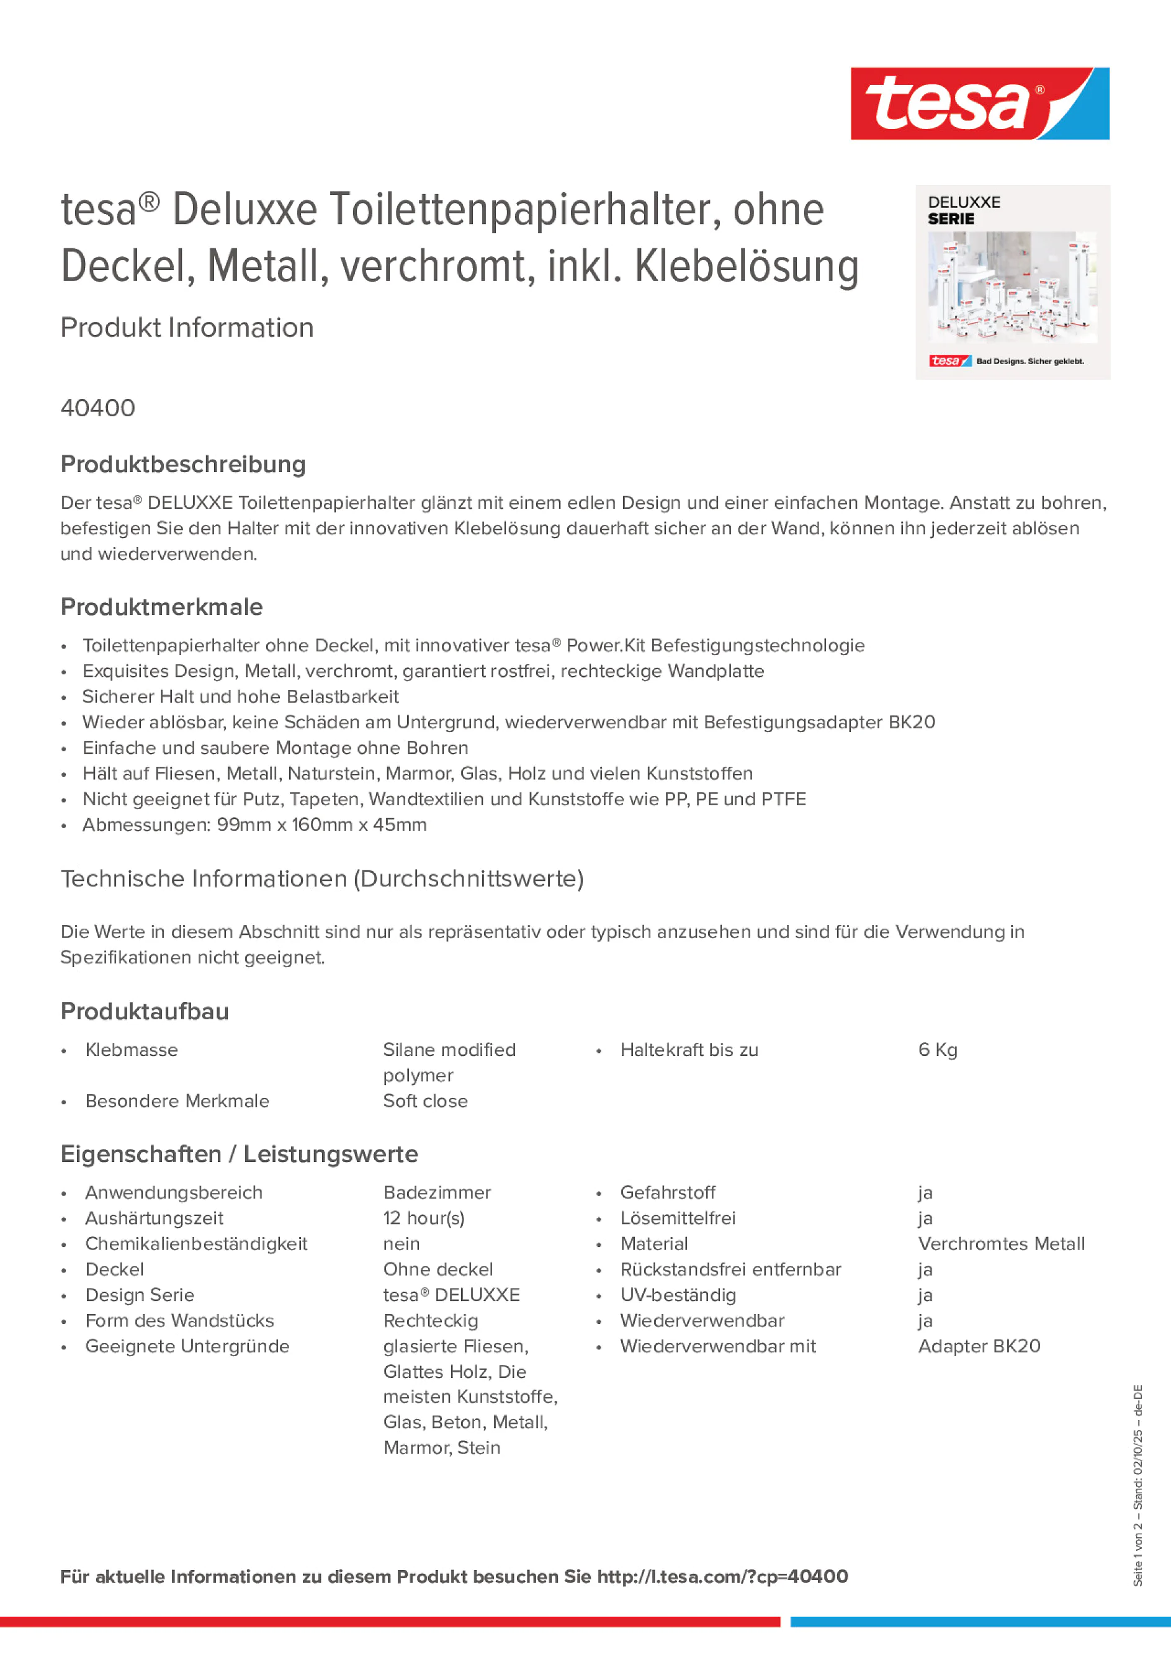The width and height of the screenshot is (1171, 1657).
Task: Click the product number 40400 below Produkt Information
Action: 97,408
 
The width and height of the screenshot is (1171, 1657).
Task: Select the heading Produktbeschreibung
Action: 182,464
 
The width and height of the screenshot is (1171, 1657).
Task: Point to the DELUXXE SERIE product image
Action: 1012,282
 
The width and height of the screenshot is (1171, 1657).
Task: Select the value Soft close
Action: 425,1101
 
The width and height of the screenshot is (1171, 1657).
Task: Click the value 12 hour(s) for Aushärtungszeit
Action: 424,1218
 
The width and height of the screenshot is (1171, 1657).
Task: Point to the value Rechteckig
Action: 430,1320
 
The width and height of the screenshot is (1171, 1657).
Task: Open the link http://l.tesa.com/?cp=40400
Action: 722,1576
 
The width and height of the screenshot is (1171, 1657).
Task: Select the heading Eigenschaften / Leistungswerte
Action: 239,1153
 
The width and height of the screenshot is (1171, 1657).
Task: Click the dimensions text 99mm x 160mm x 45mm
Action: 322,824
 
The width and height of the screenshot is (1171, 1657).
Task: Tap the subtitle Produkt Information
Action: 187,327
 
